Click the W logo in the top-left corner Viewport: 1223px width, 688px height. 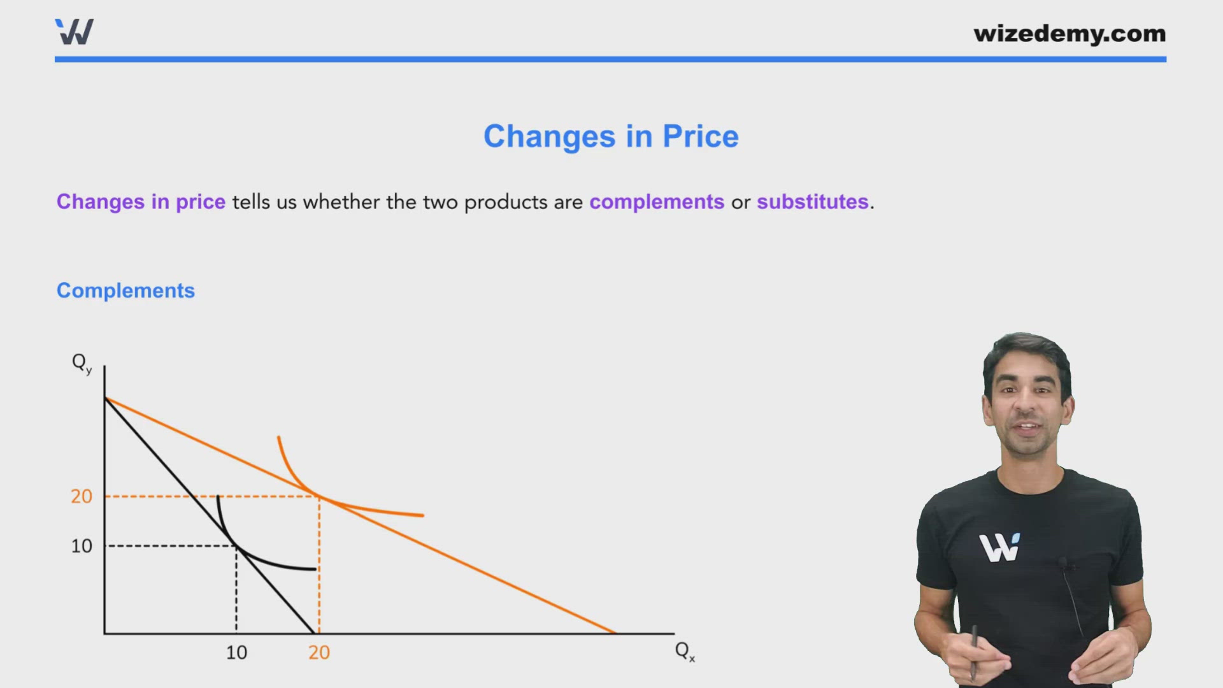click(75, 32)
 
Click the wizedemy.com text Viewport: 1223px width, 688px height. click(1069, 33)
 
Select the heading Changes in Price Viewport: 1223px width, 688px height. click(611, 136)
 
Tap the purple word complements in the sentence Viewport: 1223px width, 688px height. click(656, 202)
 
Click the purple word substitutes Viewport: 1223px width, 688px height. click(812, 202)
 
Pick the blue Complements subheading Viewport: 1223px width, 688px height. click(125, 290)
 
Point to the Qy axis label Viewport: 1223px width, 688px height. click(82, 363)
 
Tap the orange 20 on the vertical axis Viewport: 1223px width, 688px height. click(82, 496)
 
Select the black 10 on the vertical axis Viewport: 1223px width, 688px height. click(82, 546)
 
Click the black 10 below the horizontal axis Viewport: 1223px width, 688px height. click(236, 652)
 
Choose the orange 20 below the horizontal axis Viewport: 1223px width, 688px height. click(319, 652)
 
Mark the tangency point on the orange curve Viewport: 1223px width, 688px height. click(319, 496)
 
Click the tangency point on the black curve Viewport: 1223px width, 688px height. click(236, 546)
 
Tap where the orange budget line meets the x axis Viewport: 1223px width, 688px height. click(615, 633)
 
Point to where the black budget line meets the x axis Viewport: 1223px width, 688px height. click(314, 633)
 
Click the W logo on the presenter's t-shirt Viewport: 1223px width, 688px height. click(999, 548)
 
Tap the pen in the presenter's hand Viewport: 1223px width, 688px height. click(974, 650)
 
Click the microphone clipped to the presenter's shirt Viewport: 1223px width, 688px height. click(1062, 563)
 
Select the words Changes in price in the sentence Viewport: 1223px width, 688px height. click(141, 202)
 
